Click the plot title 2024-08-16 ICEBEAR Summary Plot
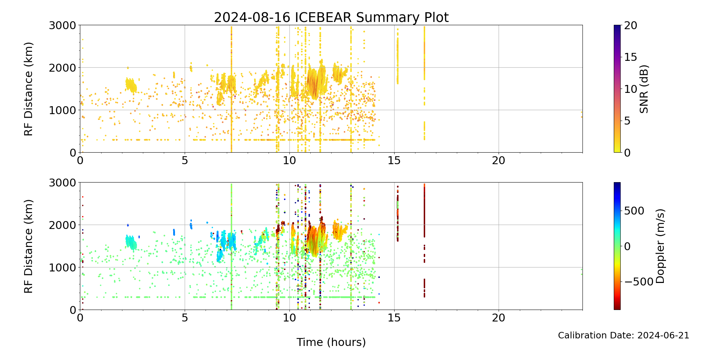tap(331, 17)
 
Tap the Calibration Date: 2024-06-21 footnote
tap(623, 336)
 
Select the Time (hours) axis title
tap(331, 342)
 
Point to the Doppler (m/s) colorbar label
tap(660, 246)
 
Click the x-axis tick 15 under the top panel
tap(394, 161)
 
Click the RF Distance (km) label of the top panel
tap(28, 89)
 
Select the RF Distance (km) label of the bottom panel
tap(28, 246)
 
